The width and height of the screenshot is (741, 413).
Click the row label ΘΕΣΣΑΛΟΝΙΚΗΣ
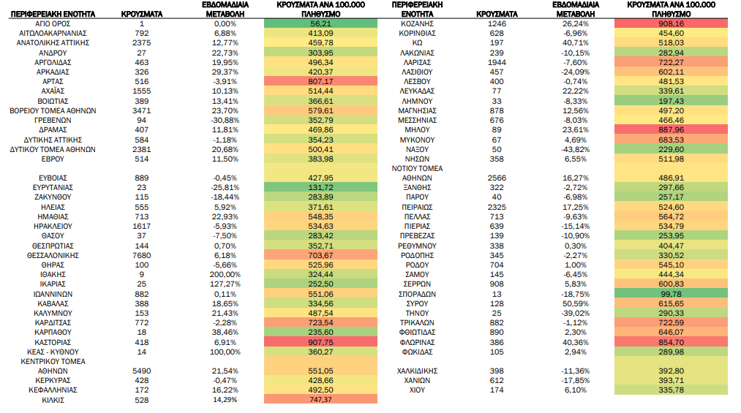coord(53,255)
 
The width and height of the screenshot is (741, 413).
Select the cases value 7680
coord(142,255)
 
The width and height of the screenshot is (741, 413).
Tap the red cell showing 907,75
coord(321,342)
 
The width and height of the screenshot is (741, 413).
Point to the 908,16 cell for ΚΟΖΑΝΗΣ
coord(671,23)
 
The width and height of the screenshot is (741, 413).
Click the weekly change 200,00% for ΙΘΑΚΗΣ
coord(225,274)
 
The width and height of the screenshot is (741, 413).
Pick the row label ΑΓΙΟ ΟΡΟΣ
coord(53,23)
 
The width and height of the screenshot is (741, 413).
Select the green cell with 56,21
coord(321,23)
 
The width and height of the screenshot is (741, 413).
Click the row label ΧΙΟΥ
coord(417,390)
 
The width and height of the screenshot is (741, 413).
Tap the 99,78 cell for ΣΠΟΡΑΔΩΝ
coord(671,294)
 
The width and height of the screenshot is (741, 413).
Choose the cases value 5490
coord(142,371)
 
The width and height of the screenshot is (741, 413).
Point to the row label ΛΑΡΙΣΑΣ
coord(417,62)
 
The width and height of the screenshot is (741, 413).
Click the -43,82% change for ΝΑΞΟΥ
coord(575,149)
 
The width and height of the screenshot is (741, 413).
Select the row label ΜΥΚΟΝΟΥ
coord(417,140)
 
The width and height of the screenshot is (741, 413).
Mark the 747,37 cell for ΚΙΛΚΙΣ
coord(321,399)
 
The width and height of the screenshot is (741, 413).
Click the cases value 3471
coord(142,110)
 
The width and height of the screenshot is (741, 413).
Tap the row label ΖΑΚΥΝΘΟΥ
coord(53,197)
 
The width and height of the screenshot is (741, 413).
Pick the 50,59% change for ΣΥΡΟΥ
coord(575,303)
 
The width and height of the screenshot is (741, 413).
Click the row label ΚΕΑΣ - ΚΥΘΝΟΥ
coord(53,352)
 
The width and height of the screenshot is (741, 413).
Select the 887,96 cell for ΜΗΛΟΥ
coord(671,130)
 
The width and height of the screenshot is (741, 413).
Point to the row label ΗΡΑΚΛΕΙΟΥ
coord(53,226)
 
